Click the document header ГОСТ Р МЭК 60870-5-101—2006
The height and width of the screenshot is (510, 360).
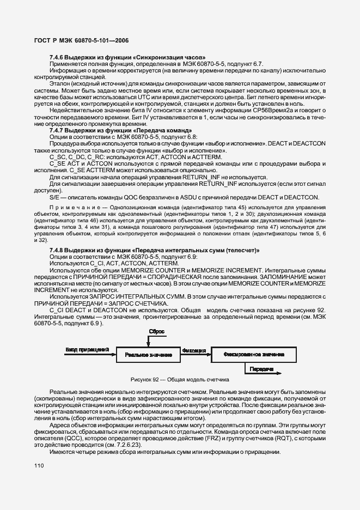[82, 40]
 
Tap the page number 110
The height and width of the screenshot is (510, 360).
[39, 466]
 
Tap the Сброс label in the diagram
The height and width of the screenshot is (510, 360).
[156, 331]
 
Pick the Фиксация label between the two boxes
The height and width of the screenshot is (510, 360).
[194, 350]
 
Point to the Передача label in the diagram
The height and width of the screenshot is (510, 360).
[261, 369]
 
